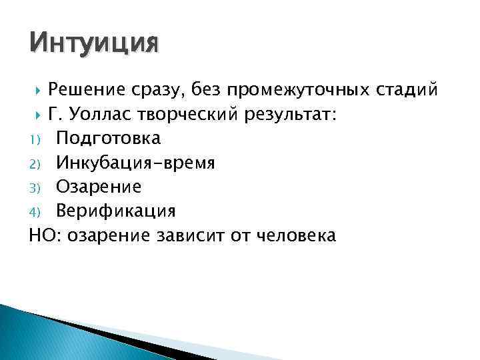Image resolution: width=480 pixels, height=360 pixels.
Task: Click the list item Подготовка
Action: click(x=108, y=139)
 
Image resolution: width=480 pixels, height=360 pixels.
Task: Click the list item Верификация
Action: click(x=115, y=211)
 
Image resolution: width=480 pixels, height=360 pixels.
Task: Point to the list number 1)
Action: click(x=35, y=139)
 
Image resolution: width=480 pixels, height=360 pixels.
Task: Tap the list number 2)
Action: click(x=35, y=163)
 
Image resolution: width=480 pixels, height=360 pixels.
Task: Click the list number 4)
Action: click(x=35, y=212)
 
